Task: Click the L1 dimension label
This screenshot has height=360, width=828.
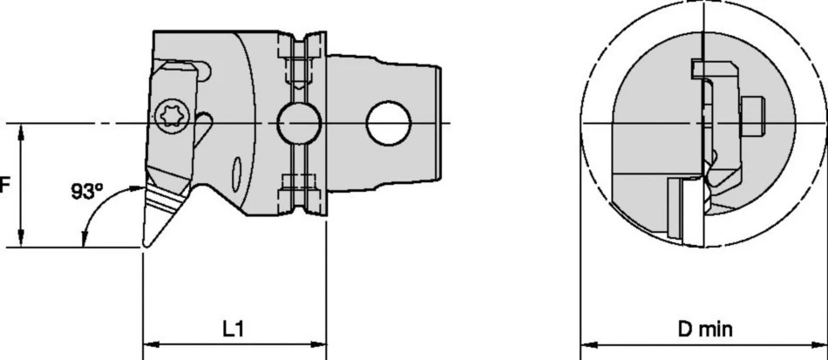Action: pyautogui.click(x=233, y=329)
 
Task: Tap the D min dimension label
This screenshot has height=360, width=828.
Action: pyautogui.click(x=705, y=329)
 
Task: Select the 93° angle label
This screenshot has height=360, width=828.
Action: pyautogui.click(x=88, y=192)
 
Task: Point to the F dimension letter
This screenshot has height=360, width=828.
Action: pyautogui.click(x=4, y=186)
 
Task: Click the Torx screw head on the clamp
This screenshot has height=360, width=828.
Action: pyautogui.click(x=173, y=114)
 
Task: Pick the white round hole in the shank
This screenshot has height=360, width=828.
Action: pyautogui.click(x=388, y=123)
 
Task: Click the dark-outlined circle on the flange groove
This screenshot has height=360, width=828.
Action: pyautogui.click(x=299, y=123)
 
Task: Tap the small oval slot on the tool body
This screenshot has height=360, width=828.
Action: pyautogui.click(x=237, y=173)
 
